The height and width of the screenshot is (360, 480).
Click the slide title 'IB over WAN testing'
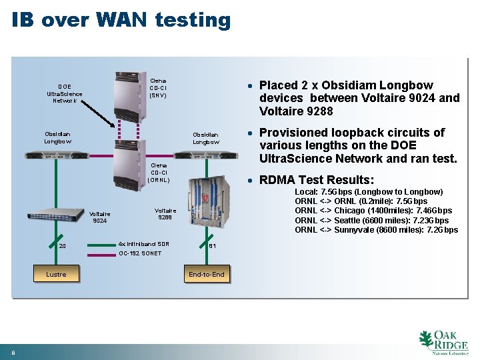click(121, 20)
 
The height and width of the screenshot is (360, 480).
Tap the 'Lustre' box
click(56, 274)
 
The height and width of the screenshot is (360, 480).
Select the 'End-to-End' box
click(207, 274)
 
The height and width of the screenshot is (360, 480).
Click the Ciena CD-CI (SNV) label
click(158, 87)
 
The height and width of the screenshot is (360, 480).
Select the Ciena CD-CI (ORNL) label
click(159, 172)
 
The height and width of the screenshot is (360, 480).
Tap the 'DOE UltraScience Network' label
click(65, 93)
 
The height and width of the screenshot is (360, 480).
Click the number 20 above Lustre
click(62, 246)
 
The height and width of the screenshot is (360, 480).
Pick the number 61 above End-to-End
click(212, 246)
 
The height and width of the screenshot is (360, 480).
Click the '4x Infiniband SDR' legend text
click(143, 244)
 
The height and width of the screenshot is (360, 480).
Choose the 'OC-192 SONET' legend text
click(140, 253)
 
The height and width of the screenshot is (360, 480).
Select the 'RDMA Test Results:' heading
click(317, 179)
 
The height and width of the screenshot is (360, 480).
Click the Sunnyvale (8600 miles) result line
click(376, 230)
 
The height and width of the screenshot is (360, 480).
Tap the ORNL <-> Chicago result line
click(373, 211)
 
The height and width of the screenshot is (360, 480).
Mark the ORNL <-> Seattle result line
click(371, 220)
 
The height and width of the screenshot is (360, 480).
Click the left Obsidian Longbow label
click(57, 137)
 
